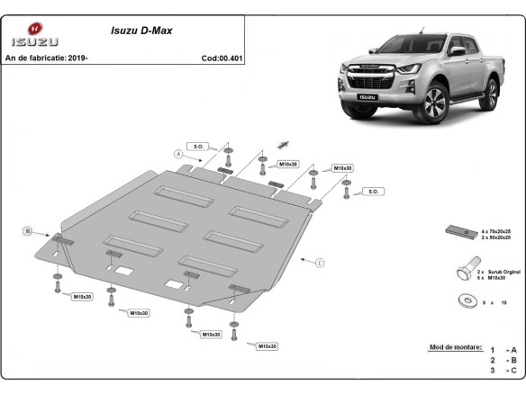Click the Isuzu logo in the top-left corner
point(34,35)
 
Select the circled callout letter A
point(178,155)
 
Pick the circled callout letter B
point(28,232)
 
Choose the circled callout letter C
point(320,262)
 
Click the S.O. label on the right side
point(374,192)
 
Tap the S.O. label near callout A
point(197,146)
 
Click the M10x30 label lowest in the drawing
point(267,346)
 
